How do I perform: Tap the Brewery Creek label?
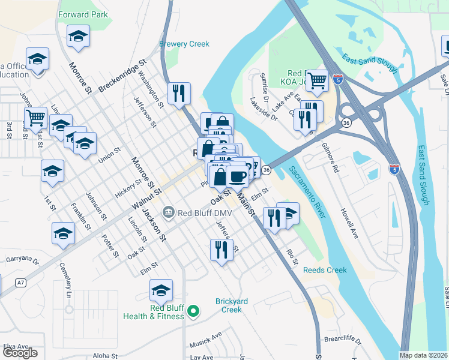(x=184, y=44)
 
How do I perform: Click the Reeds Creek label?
(x=325, y=270)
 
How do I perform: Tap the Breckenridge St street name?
(x=122, y=75)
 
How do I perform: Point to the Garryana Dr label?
(x=22, y=261)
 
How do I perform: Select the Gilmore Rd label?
(x=330, y=158)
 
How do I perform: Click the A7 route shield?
(x=22, y=282)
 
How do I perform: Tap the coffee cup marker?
(x=238, y=177)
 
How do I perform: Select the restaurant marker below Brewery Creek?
(x=179, y=93)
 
